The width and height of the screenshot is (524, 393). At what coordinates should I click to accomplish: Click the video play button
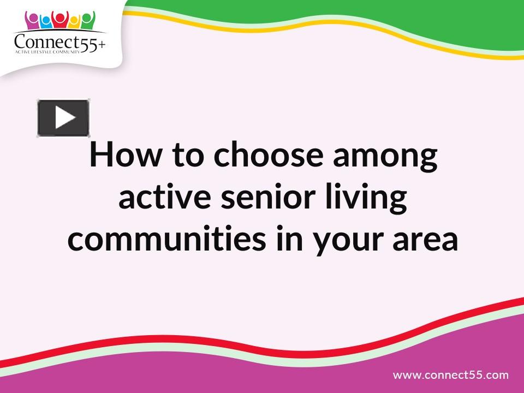pos(63,118)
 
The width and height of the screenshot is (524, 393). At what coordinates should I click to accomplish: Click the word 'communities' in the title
pos(163,240)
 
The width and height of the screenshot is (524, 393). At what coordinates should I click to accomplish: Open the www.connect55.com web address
pos(450,375)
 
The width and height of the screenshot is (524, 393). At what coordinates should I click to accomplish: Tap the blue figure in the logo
pos(47,20)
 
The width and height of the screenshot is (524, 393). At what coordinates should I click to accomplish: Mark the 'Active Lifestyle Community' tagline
pos(47,51)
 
